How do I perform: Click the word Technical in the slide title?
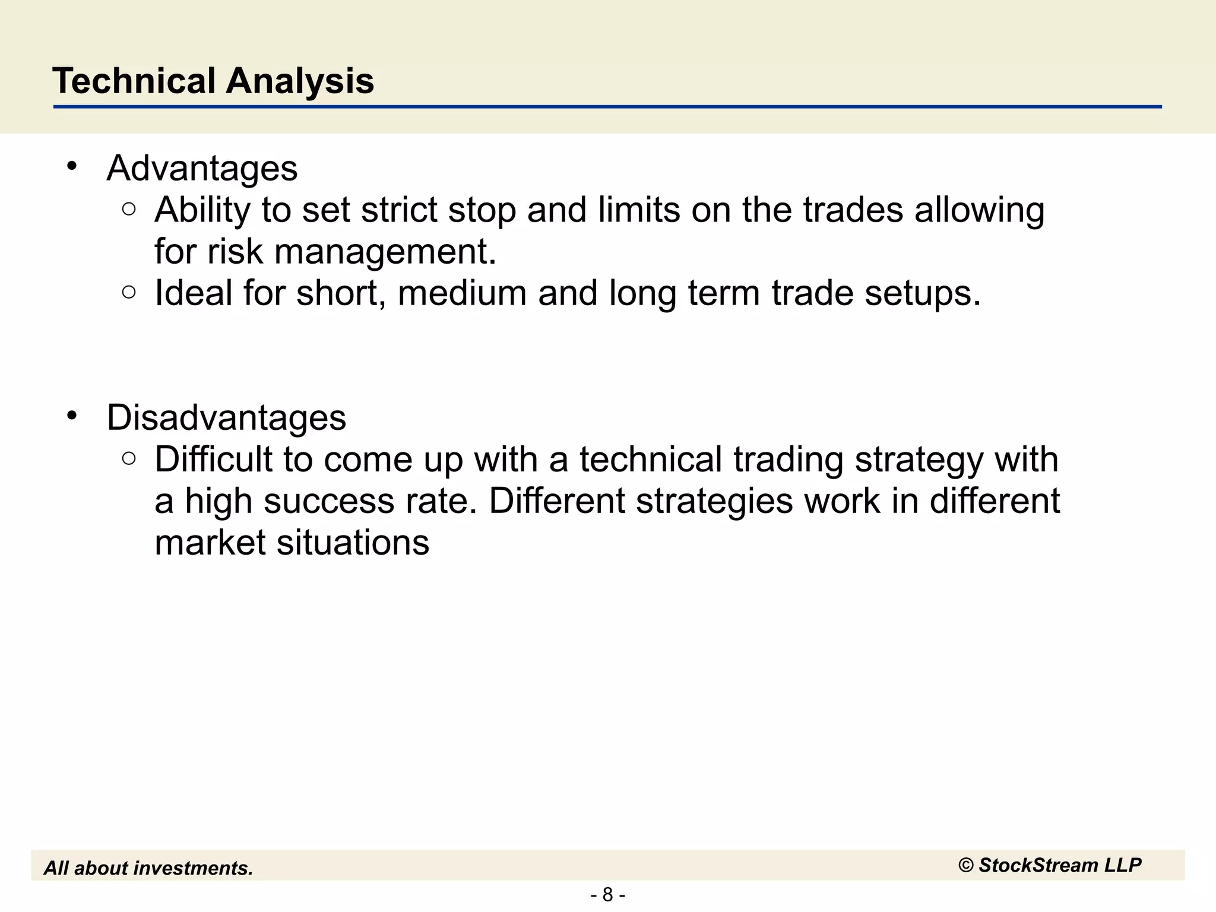coord(134,81)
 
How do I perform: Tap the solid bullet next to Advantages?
coord(72,167)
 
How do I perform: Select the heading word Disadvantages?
coord(226,417)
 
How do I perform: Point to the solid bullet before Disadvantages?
coord(72,416)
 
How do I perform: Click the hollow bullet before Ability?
coord(129,209)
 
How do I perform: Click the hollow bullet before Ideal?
coord(129,292)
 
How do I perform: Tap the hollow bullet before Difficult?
coord(129,458)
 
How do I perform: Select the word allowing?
coord(979,211)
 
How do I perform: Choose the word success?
coord(329,501)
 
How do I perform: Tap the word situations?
coord(353,543)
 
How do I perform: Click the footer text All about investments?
coord(148,868)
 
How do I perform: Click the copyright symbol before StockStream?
coord(966,866)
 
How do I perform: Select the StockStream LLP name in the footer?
coord(1059,865)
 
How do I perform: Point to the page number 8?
coord(607,894)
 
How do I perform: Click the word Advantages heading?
coord(202,168)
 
